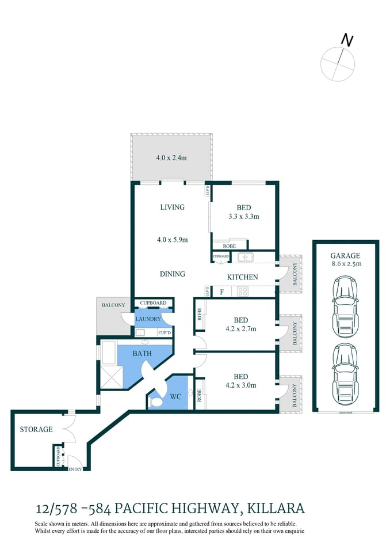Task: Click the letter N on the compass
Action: [347, 40]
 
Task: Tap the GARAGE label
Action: [345, 255]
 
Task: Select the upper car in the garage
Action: [345, 306]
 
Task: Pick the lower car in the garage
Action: [345, 373]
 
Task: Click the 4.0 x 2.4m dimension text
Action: [171, 157]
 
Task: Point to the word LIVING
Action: [172, 207]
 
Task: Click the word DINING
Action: [172, 274]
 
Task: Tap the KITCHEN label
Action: [242, 277]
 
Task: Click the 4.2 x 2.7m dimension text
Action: [240, 329]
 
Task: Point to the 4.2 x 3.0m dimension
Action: [240, 385]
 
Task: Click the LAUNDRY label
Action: [148, 319]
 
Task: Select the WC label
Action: [175, 396]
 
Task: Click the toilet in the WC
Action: [155, 403]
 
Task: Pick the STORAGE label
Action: [36, 429]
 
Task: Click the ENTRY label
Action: [75, 469]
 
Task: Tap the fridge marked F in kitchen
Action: [221, 292]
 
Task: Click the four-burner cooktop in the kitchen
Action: [243, 291]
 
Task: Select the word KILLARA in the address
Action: [276, 508]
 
